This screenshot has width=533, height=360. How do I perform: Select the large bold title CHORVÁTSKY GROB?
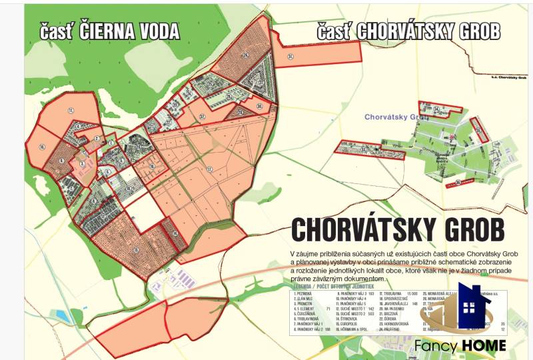tap(398, 230)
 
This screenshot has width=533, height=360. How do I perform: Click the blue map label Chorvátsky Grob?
tap(396, 117)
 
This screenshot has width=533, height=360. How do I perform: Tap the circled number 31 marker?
tap(290, 57)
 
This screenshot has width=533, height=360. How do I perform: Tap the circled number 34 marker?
tap(436, 108)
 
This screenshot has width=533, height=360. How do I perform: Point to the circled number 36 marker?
tap(458, 181)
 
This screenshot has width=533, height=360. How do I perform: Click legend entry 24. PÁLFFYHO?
tap(390, 329)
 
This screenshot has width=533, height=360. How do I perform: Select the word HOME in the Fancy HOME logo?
tap(483, 345)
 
